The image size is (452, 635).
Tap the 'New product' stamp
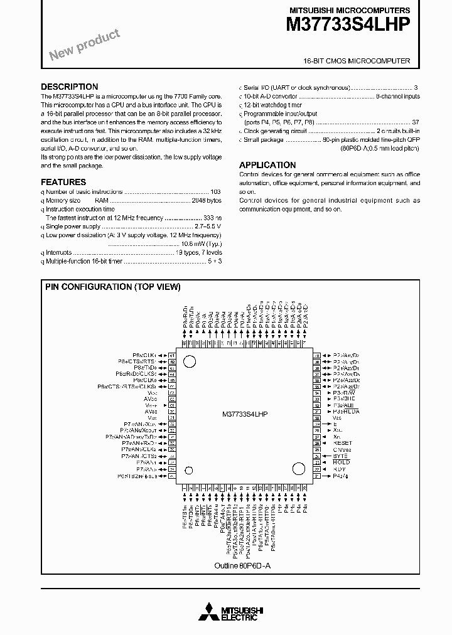(84, 46)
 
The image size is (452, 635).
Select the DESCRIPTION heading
(69, 87)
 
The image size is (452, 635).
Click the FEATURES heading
(63, 181)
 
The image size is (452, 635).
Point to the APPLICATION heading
(267, 164)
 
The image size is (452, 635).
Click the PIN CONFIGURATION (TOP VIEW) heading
(112, 287)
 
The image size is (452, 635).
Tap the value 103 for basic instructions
(215, 191)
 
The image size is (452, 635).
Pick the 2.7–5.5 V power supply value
(208, 226)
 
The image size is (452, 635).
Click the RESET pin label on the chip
(343, 443)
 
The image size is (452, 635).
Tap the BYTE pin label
(340, 456)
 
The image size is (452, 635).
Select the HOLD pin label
(342, 462)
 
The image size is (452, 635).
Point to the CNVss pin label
(342, 449)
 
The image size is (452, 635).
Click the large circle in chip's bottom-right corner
(298, 469)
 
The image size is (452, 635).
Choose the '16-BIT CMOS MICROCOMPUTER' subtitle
(357, 61)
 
